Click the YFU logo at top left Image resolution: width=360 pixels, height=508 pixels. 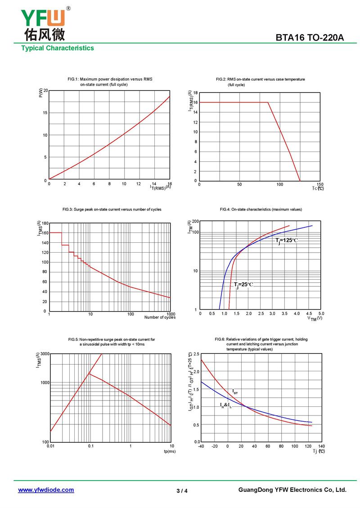[43, 23]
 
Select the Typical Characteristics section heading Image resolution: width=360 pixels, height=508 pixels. [58, 48]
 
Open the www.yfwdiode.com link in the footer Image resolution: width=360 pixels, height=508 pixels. [46, 490]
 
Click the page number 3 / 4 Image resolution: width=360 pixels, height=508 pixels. [182, 490]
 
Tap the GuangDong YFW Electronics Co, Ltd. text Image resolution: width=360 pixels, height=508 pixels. [292, 490]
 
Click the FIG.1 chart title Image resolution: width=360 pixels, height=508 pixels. [110, 82]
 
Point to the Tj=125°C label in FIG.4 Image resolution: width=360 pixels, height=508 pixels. [286, 241]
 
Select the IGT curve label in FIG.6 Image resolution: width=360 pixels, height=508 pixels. [235, 392]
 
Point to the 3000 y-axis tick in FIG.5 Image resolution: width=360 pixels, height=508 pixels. [44, 354]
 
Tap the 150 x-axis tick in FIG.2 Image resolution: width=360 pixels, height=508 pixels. [319, 184]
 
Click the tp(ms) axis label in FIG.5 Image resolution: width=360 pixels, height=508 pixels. [170, 451]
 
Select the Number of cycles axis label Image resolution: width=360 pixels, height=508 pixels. [160, 317]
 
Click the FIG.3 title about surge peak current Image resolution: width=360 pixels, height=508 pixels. [112, 209]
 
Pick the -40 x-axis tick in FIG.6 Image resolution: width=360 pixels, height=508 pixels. [201, 446]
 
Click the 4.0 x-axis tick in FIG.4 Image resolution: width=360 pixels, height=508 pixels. [297, 313]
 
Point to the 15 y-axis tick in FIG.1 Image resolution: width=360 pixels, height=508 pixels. [44, 113]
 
